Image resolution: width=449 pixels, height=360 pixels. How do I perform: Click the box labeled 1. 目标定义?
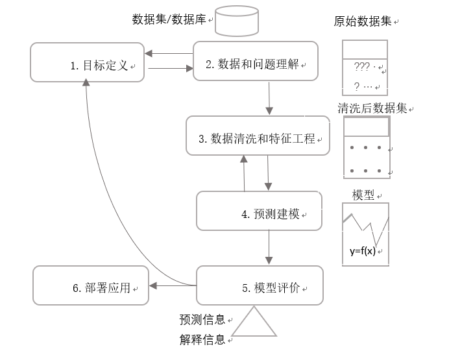(87, 63)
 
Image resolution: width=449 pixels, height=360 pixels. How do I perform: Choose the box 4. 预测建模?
(259, 211)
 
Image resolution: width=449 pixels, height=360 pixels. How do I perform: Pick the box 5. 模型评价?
(259, 285)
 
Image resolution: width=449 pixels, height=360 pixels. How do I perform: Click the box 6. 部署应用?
(90, 286)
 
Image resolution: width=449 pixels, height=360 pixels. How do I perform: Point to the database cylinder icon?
(236, 20)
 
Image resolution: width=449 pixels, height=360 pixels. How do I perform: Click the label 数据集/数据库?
(169, 19)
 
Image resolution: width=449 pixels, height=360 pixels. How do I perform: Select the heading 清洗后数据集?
(372, 108)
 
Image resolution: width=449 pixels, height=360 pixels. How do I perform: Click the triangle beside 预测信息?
(254, 322)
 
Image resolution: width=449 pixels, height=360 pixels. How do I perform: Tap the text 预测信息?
(202, 319)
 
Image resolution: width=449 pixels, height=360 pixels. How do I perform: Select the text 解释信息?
(202, 339)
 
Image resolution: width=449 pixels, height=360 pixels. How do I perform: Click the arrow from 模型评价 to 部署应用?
(173, 285)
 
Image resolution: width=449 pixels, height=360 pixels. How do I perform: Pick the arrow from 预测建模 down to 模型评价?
(269, 247)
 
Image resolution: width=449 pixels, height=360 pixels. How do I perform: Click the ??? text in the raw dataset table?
(361, 66)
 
